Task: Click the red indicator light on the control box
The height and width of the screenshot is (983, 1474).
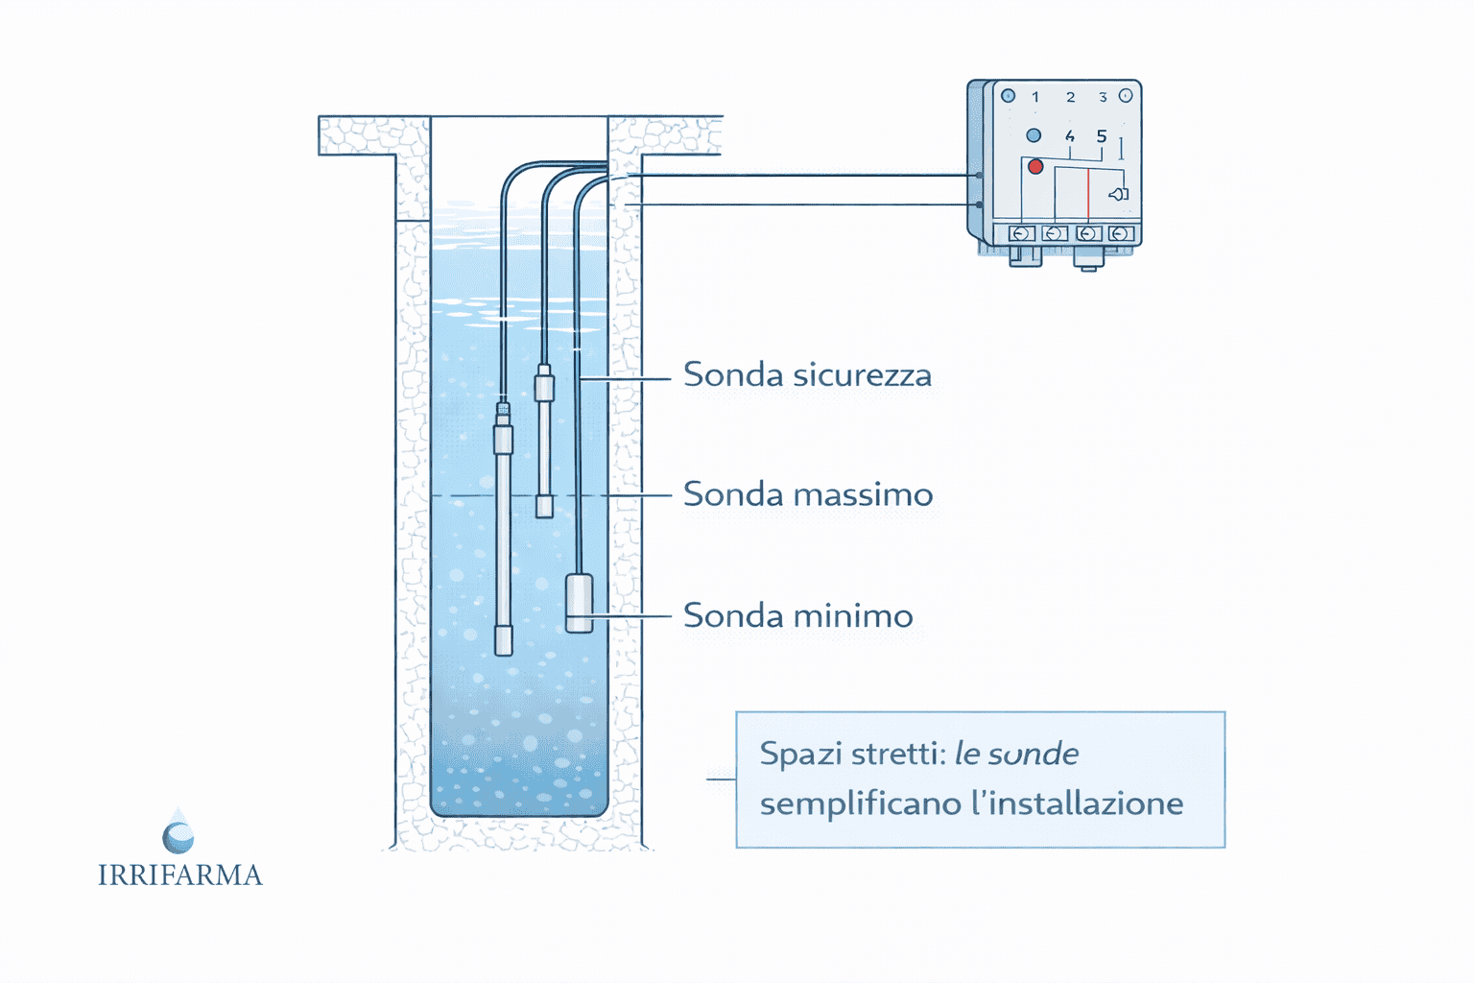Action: pos(1035,167)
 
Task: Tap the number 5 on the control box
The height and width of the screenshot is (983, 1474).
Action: pos(1102,136)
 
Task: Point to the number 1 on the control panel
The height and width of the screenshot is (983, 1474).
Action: pos(1035,97)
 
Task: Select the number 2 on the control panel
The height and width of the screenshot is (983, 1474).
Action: pos(1071,97)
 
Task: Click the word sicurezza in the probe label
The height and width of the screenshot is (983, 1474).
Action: pos(862,375)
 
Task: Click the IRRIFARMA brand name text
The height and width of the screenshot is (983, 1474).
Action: pos(179,875)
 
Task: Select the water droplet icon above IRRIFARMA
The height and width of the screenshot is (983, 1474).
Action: pos(178,832)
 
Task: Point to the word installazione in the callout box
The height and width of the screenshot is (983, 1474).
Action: pos(1086,803)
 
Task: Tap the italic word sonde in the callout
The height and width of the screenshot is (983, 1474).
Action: pos(1034,755)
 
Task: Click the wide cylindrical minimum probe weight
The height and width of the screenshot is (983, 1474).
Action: pos(579,603)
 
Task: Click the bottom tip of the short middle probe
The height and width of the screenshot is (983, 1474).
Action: pos(544,507)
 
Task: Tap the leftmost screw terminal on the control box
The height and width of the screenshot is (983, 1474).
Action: pos(1022,233)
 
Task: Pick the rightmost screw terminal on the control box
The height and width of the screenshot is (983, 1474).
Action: pos(1120,233)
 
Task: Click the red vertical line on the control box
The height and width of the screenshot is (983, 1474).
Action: pos(1088,196)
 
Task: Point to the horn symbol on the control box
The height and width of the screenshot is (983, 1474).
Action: pos(1118,194)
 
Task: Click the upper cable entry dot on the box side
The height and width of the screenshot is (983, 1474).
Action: pos(978,176)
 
